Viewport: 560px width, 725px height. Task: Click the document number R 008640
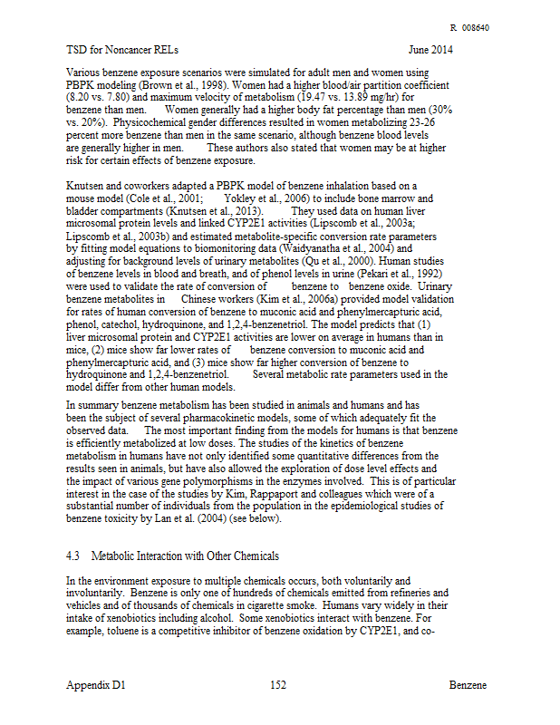(469, 27)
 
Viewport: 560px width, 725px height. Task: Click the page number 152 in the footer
(278, 685)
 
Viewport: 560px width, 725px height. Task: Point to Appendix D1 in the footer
(96, 685)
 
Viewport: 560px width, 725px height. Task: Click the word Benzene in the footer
(468, 685)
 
